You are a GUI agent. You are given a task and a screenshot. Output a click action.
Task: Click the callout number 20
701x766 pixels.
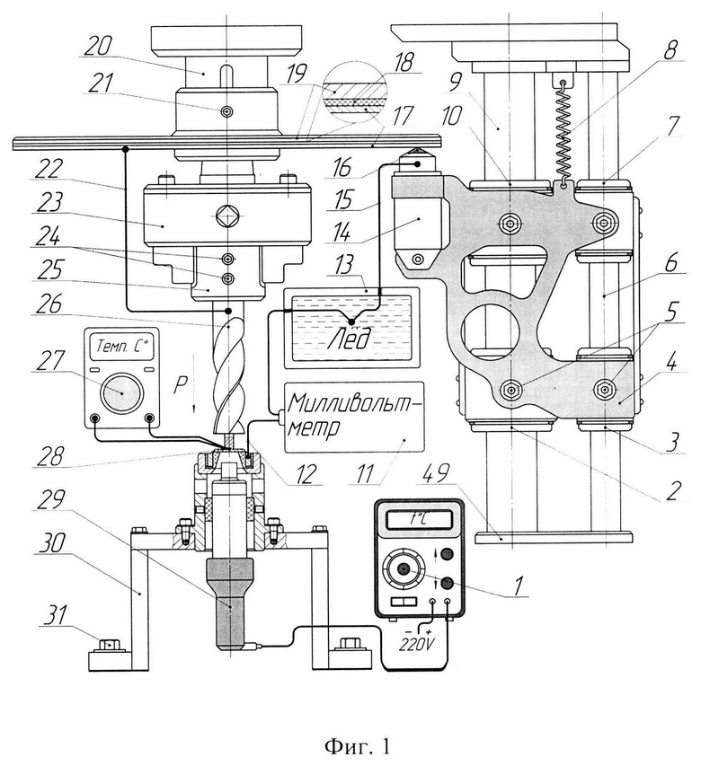point(99,48)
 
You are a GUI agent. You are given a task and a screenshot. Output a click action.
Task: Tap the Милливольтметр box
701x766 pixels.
point(354,416)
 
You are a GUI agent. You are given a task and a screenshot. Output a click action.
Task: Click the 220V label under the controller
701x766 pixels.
point(417,646)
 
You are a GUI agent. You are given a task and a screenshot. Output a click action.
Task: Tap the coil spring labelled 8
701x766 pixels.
point(564,132)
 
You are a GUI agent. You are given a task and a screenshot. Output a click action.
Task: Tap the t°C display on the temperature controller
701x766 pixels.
point(418,520)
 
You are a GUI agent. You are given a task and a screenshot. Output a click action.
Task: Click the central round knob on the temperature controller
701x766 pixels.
point(404,568)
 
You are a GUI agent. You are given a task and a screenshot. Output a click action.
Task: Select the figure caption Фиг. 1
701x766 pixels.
point(358,746)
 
